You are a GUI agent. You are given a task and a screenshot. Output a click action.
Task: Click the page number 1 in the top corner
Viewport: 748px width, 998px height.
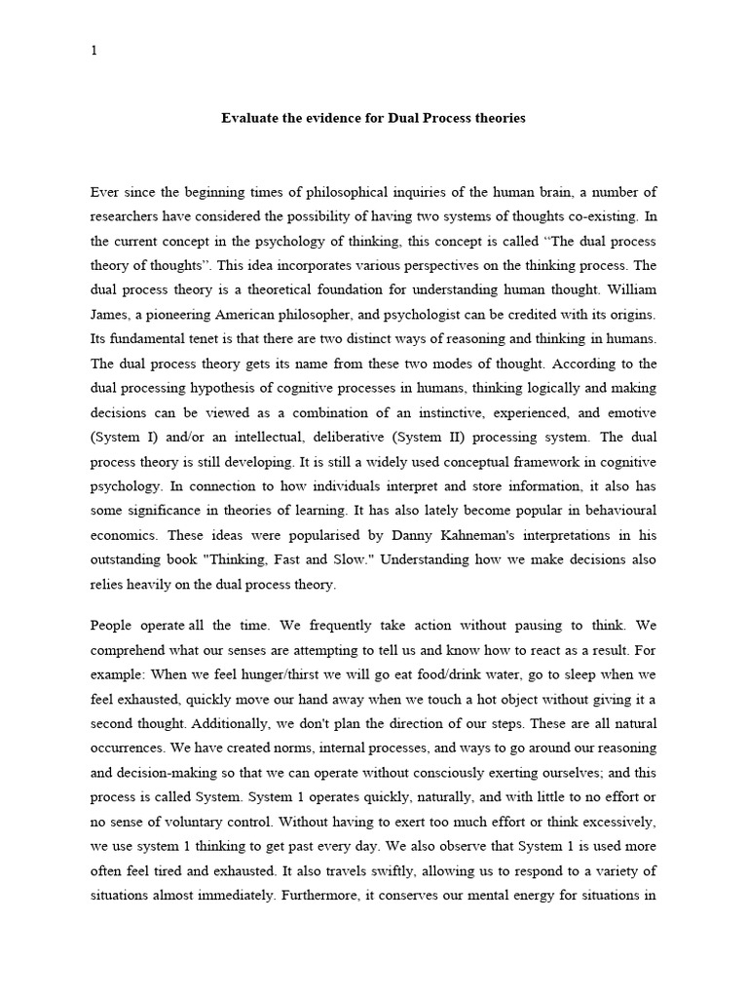[93, 52]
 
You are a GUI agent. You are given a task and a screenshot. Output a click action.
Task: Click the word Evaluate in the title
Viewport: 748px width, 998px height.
[250, 118]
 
